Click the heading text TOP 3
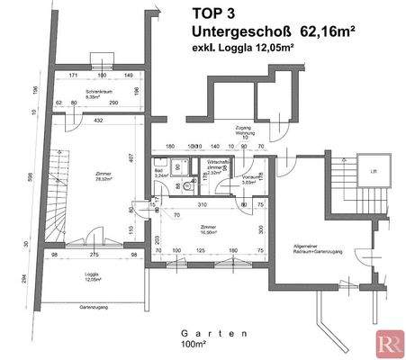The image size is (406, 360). click(x=219, y=13)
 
